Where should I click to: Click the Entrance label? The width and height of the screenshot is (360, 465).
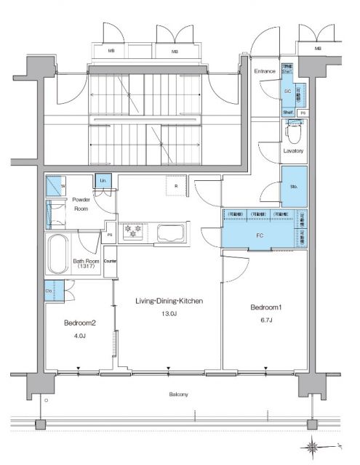click(264, 71)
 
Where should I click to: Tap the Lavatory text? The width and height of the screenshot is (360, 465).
click(294, 150)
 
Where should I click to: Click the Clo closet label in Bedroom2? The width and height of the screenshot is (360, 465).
click(49, 291)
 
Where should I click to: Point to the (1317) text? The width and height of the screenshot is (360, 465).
click(87, 267)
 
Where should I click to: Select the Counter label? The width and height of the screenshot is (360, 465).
click(111, 260)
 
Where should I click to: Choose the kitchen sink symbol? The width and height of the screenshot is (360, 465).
click(170, 234)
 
